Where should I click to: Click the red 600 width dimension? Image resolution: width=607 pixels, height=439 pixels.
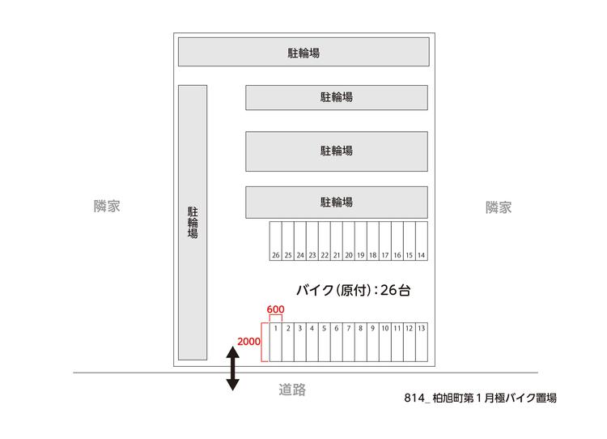pos(275,309)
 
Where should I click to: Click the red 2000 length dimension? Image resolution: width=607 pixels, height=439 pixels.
pos(248,341)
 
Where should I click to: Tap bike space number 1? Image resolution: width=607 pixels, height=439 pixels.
pos(276,342)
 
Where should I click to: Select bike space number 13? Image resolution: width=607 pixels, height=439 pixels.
pos(422,342)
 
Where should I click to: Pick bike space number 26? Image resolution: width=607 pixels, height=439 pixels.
pos(276,241)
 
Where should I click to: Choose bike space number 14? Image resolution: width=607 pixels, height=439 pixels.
pos(422,241)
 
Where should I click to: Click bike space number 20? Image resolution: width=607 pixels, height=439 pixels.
pos(349,241)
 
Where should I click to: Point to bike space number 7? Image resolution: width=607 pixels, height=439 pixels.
pos(349,342)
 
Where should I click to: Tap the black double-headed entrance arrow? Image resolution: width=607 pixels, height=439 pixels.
pos(232,368)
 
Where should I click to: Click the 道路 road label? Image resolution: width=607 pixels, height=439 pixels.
pos(292,390)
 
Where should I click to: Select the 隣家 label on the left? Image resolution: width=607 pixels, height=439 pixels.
pos(107,206)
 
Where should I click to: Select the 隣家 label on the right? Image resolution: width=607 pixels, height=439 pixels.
pos(499,207)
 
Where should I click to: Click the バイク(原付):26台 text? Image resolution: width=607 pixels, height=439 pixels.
pos(354,290)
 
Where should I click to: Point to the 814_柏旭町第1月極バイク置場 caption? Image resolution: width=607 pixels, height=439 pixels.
pos(481,398)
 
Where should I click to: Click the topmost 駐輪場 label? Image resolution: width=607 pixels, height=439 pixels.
pos(303,53)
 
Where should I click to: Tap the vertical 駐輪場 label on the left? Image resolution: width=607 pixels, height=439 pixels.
pos(193,223)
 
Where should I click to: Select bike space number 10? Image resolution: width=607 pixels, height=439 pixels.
pos(385,342)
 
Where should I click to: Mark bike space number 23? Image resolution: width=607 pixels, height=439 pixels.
pos(312,241)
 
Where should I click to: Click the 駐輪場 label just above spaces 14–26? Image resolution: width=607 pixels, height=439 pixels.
pos(337,202)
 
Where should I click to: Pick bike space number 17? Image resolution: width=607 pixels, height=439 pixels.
pos(385,241)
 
